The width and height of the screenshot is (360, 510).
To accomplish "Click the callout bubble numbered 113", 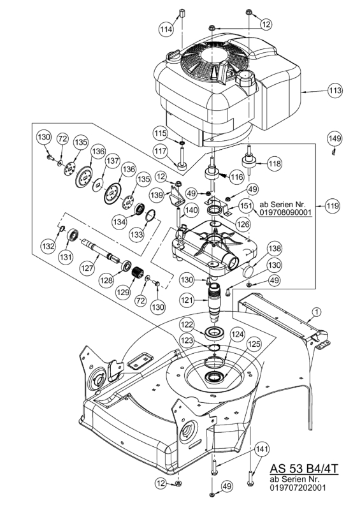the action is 335,90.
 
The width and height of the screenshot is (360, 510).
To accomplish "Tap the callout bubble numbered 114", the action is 166,29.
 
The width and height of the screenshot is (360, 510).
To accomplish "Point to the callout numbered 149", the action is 335,138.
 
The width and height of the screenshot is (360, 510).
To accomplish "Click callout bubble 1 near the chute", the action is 316,312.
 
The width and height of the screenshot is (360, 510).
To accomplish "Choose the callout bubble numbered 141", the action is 261,449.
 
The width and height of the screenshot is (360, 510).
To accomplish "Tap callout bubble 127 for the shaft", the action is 88,268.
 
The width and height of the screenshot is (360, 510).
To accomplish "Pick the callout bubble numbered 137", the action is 113,161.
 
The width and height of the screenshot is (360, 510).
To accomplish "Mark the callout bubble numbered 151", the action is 246,205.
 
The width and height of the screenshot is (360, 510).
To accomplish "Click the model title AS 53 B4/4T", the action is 304,469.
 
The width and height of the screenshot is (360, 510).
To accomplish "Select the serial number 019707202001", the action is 297,487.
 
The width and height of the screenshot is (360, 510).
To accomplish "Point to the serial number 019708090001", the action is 285,213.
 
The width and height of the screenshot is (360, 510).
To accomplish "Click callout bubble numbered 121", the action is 187,301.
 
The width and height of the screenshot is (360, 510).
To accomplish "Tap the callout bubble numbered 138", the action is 275,249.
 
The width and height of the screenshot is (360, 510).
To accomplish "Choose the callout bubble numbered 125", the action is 254,344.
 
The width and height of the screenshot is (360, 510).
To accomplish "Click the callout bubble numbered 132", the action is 49,246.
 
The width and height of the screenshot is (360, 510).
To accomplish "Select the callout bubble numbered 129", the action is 124,292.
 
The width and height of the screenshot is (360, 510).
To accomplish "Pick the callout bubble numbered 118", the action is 275,163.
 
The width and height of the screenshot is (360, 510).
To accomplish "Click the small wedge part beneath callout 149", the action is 333,152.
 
